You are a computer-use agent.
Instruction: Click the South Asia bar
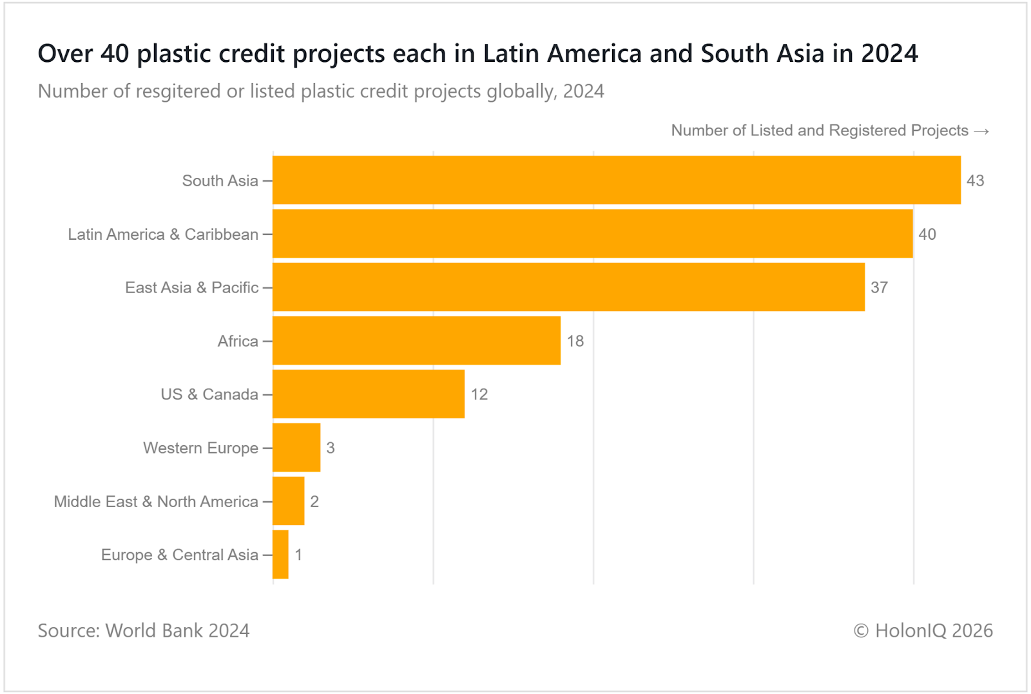617,180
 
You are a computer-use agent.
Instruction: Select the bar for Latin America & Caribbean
593,234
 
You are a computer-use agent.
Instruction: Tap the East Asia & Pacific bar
568,287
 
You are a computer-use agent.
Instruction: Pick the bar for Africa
416,341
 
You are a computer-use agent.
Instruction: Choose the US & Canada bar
369,394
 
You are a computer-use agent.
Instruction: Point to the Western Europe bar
296,448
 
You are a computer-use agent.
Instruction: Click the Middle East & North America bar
289,501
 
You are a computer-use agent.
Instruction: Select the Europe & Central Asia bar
281,555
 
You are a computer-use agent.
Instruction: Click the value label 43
975,181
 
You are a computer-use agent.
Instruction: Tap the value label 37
879,288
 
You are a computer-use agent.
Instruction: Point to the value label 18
575,342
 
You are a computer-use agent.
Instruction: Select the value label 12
479,395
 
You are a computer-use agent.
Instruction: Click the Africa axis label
238,342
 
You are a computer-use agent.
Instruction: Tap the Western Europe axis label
200,448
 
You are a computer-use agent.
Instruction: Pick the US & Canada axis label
209,395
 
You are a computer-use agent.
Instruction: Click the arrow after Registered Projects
981,131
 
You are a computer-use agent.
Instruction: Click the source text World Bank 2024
177,631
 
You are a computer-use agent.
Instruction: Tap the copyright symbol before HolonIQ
861,631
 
